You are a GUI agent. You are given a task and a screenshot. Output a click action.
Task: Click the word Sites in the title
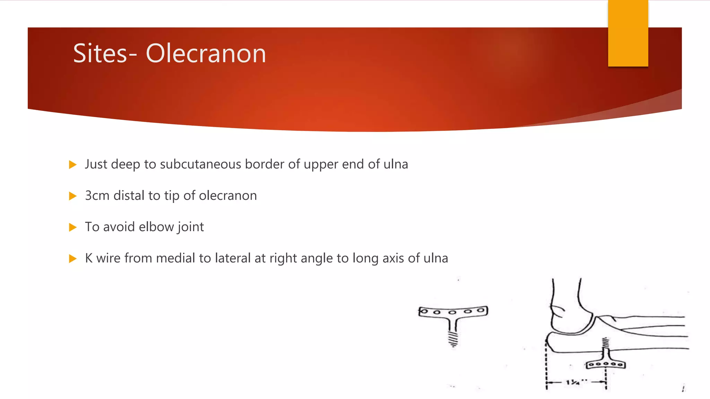coord(100,54)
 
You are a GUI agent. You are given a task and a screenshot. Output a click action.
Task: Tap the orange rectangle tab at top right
coord(628,33)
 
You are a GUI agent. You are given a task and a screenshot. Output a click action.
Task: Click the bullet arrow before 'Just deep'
coord(72,165)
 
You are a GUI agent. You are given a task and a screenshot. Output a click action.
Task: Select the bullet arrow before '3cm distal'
coord(72,196)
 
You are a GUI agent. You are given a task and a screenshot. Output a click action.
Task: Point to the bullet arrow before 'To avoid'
coord(72,227)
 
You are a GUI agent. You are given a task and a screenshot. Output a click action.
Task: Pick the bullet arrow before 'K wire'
coord(72,258)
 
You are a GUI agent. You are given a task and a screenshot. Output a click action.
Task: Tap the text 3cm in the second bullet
coord(97,196)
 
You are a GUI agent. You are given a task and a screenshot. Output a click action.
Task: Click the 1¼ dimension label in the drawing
coord(573,382)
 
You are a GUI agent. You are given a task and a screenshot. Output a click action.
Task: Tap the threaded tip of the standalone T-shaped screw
coord(453,339)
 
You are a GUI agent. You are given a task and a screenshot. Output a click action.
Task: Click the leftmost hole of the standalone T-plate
coord(424,311)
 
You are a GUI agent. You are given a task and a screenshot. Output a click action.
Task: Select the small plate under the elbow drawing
coord(606,364)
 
